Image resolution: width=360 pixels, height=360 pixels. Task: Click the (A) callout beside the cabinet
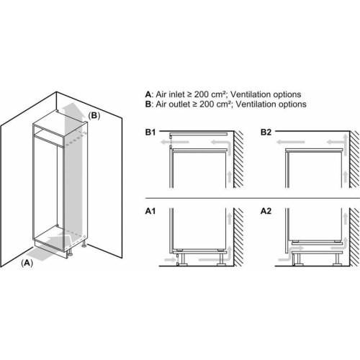27,264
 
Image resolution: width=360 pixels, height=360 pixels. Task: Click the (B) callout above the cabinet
94,116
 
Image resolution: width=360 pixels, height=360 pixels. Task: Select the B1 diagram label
150,132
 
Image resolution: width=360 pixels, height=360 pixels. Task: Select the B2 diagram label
266,132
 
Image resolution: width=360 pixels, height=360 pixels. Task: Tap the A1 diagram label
150,211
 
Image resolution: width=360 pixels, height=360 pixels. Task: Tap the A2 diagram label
266,211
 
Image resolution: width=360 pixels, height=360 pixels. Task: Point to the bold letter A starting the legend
148,94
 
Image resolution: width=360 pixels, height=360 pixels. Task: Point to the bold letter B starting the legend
148,104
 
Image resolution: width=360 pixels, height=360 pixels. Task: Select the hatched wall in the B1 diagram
238,159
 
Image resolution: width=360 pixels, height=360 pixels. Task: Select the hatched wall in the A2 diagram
354,237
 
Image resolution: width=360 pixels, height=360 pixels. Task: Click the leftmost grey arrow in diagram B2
290,143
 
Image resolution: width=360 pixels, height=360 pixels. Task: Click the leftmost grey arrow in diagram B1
174,143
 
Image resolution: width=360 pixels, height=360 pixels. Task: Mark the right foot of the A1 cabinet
221,258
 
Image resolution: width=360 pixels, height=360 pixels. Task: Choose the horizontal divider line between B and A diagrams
253,198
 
